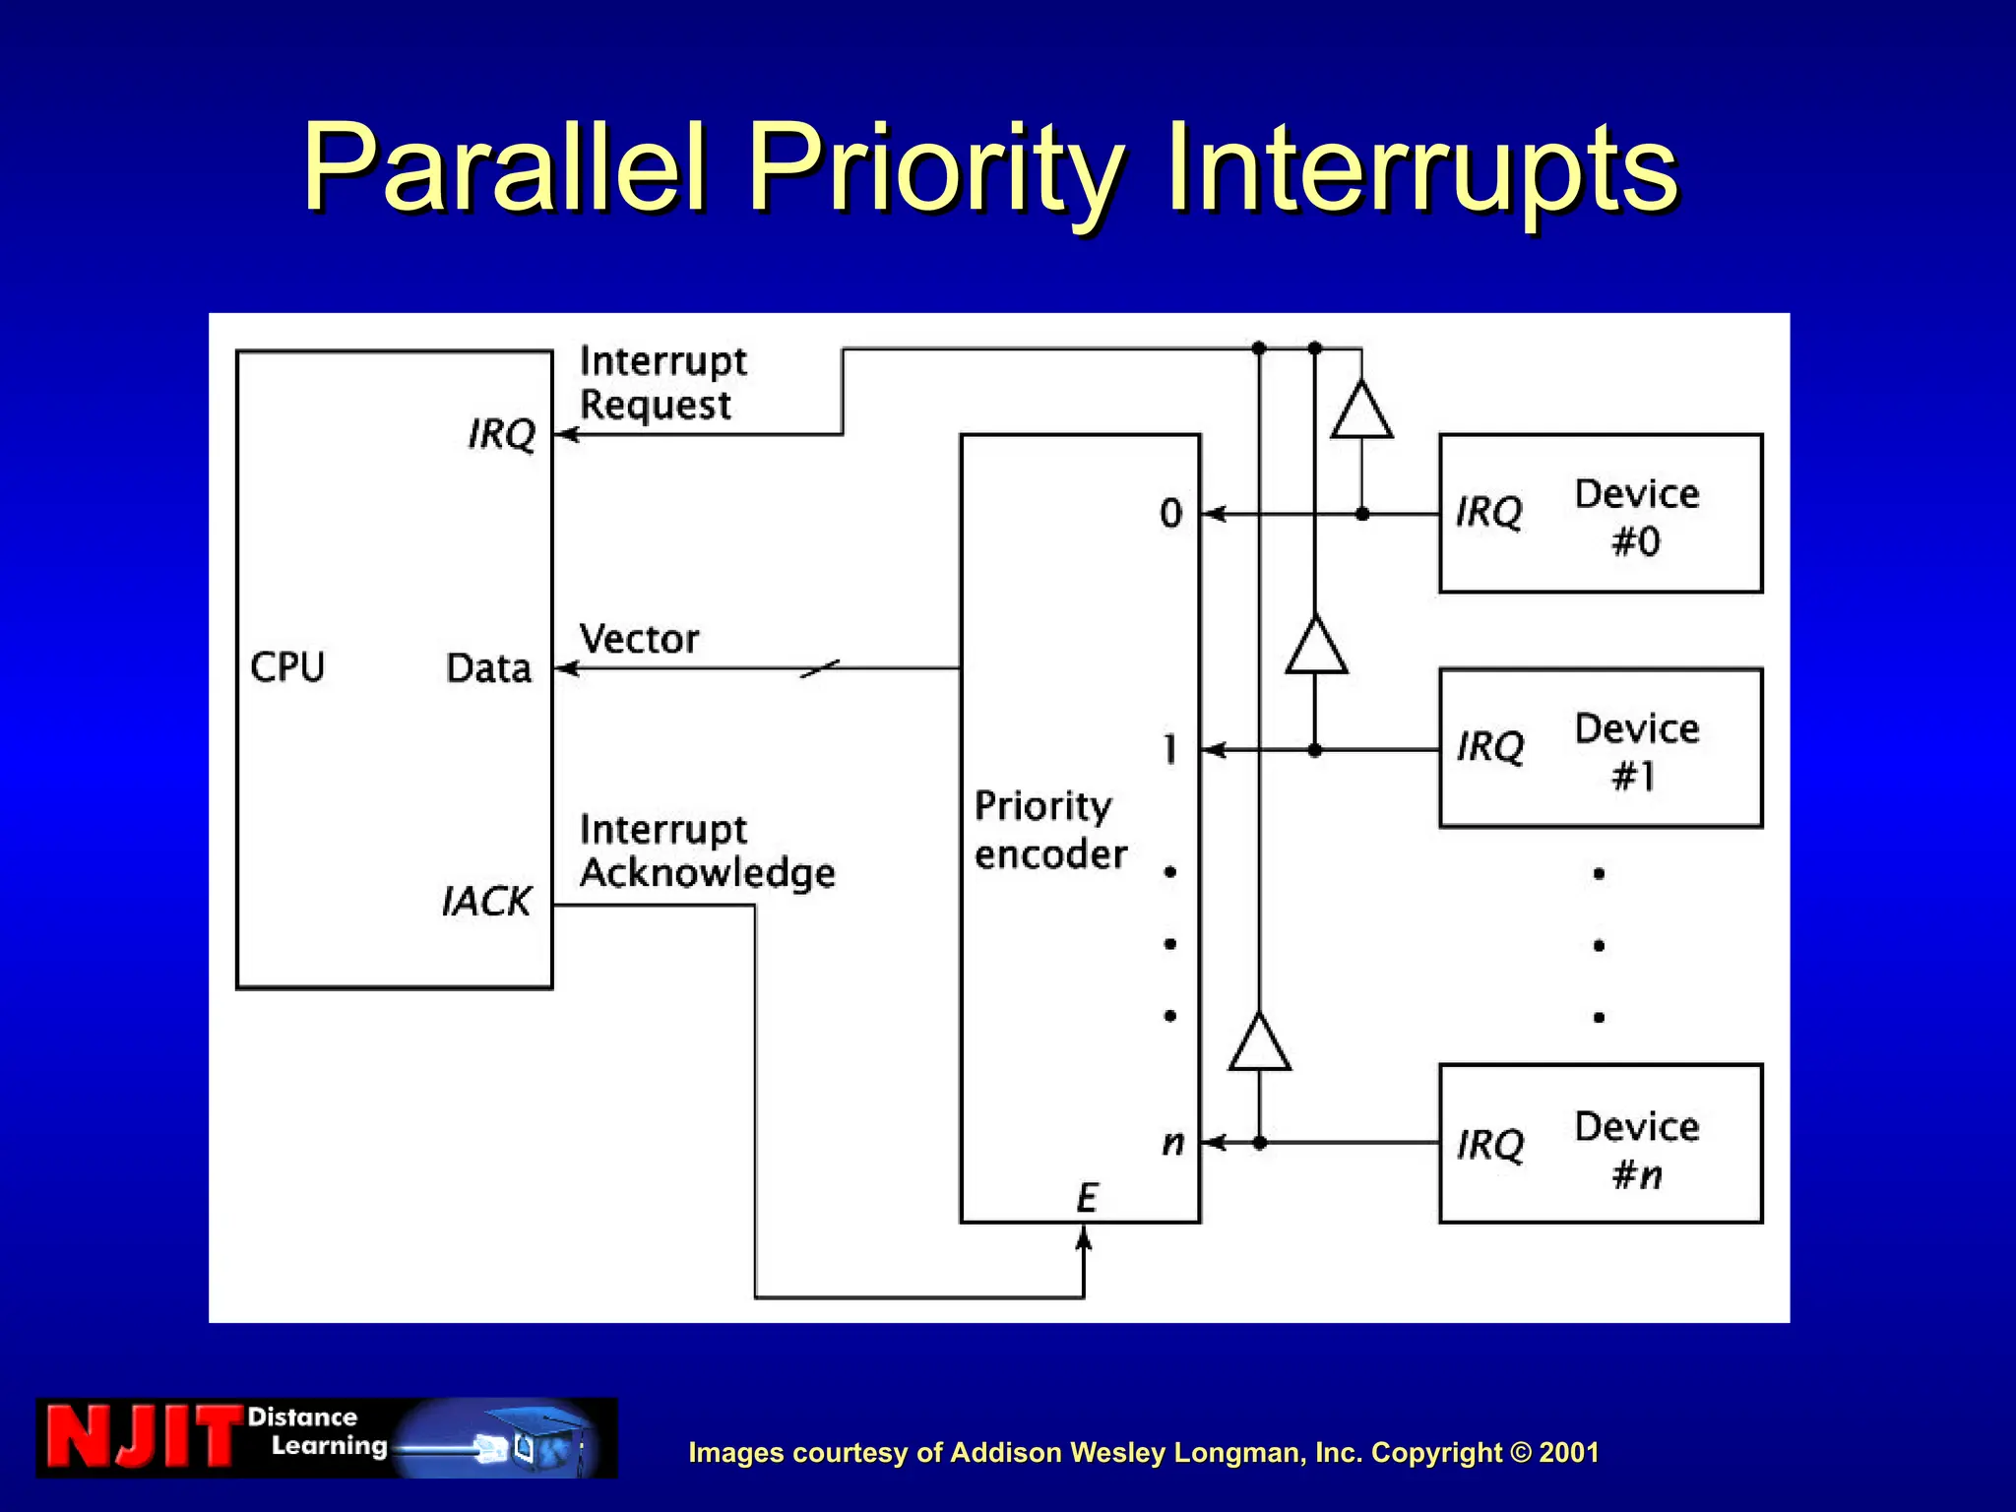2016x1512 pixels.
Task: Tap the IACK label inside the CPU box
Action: click(x=485, y=901)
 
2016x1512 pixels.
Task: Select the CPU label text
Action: click(x=286, y=667)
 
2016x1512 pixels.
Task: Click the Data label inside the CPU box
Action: click(x=488, y=668)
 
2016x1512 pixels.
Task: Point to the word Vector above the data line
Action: click(x=639, y=640)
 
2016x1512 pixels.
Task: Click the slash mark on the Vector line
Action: click(x=820, y=669)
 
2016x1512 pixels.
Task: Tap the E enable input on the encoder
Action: click(x=1086, y=1198)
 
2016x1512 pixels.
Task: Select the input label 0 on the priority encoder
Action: click(x=1170, y=513)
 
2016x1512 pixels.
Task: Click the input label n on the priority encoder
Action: click(x=1172, y=1143)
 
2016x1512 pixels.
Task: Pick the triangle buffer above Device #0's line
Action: click(x=1361, y=411)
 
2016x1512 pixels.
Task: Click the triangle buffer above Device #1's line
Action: click(x=1316, y=647)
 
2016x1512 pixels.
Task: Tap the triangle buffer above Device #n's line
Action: click(x=1259, y=1043)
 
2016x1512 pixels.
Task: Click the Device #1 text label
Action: click(x=1636, y=752)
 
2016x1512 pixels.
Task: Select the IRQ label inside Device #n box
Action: click(x=1490, y=1145)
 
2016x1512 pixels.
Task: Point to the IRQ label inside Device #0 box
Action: click(x=1489, y=512)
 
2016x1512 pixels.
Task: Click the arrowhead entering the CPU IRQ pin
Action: click(x=566, y=434)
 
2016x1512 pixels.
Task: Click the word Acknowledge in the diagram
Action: click(x=707, y=873)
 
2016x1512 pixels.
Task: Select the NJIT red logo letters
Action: click(x=141, y=1437)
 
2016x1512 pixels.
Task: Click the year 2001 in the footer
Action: click(x=1568, y=1452)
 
